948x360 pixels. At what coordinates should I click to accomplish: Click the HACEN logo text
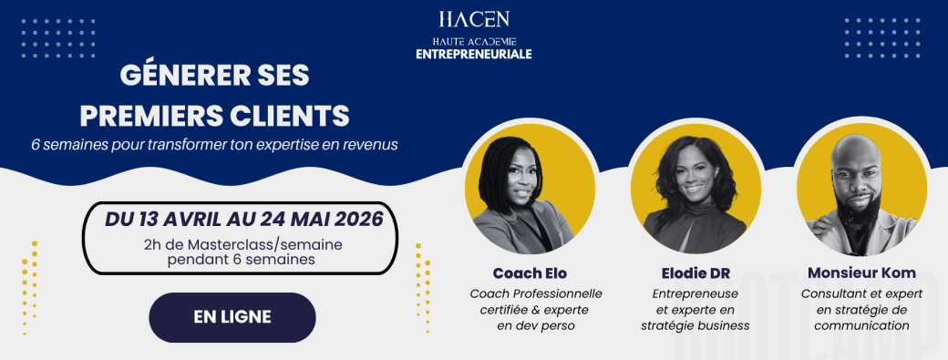(473, 19)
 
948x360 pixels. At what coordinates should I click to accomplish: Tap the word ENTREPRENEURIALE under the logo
(473, 55)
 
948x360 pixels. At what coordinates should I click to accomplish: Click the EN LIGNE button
(232, 317)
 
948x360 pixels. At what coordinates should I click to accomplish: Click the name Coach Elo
(529, 273)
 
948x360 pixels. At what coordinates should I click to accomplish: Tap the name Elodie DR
(695, 273)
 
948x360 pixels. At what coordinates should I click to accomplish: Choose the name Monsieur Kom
(861, 273)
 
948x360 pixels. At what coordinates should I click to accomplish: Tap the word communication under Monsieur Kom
(861, 325)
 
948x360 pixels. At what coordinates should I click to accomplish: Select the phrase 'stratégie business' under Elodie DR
(695, 325)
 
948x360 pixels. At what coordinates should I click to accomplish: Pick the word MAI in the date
(285, 220)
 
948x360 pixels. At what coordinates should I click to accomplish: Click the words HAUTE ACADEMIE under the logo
(473, 41)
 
